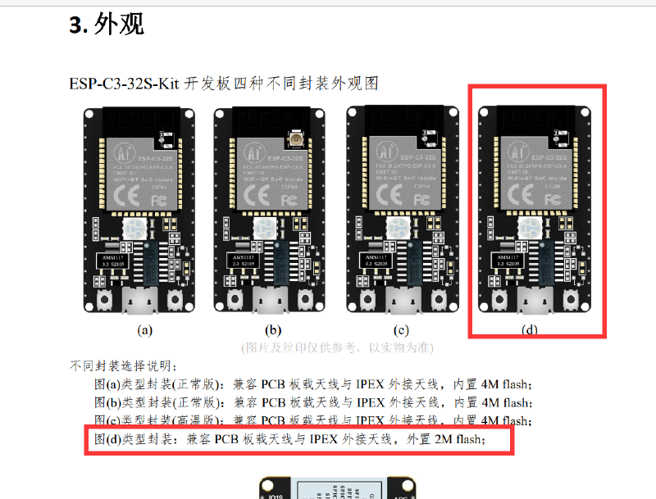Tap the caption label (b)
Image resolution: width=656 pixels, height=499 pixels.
tap(273, 330)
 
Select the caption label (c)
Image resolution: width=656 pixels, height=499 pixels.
tap(401, 330)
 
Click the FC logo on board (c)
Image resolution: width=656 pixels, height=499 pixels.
tap(420, 198)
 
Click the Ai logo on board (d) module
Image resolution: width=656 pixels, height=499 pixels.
tap(518, 151)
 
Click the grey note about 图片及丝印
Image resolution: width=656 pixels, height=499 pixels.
tap(337, 347)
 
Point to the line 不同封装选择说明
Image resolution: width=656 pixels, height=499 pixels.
tap(123, 366)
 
